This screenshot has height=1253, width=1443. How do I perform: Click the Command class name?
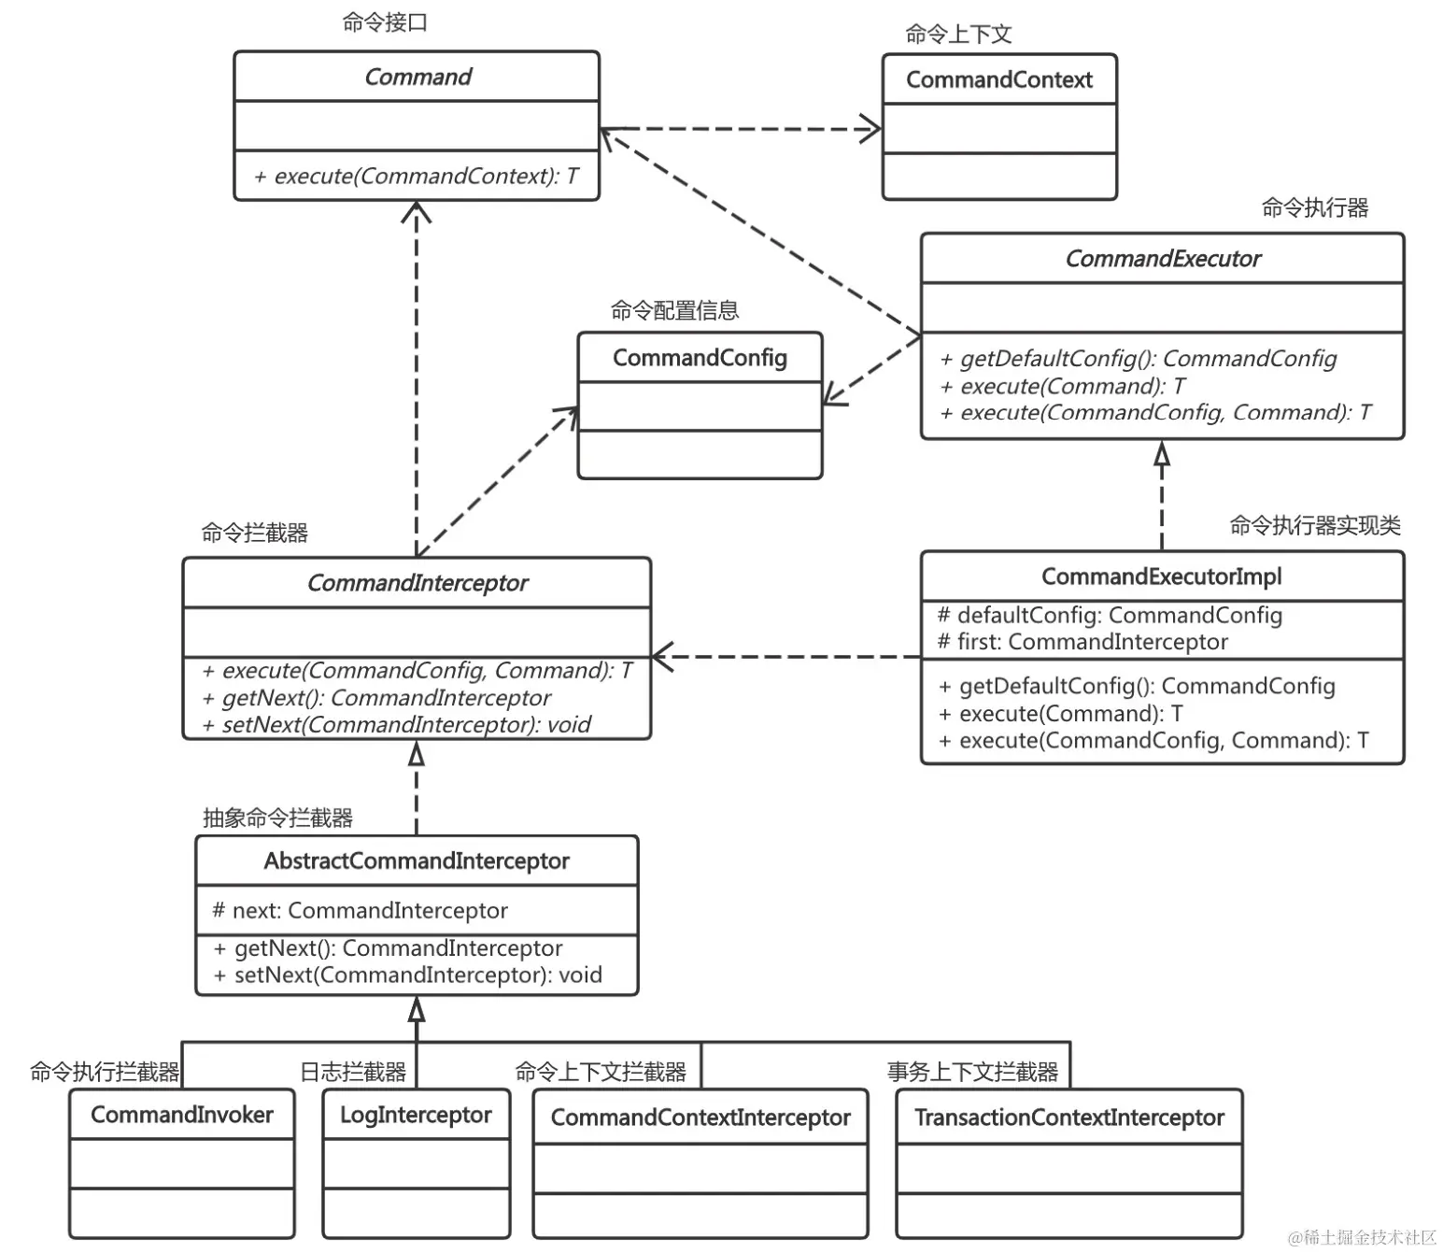(x=417, y=77)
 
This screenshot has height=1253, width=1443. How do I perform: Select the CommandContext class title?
(x=998, y=79)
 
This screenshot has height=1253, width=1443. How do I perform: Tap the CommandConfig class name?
(x=700, y=358)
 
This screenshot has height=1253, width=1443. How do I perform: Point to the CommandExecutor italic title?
(x=1162, y=259)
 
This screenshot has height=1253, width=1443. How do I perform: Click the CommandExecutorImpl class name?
(x=1161, y=577)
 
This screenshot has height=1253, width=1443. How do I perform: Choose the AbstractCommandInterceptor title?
(x=417, y=861)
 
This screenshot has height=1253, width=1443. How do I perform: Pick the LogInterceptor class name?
(x=416, y=1115)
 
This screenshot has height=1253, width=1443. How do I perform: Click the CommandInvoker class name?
(x=181, y=1115)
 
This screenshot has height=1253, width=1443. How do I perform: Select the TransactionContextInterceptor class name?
(x=1068, y=1118)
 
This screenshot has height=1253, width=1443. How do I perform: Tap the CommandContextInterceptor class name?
(x=700, y=1118)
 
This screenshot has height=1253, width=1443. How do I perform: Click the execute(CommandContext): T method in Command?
(x=417, y=176)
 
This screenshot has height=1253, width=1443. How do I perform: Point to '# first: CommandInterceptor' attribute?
(x=1082, y=642)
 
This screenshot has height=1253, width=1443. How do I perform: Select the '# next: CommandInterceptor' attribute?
(x=361, y=910)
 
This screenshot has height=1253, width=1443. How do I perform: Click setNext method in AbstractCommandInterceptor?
(x=408, y=975)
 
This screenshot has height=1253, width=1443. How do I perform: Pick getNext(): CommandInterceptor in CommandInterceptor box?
(x=377, y=698)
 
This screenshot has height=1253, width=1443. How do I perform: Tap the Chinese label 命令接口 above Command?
(x=385, y=22)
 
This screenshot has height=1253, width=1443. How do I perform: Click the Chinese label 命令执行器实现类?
(x=1314, y=526)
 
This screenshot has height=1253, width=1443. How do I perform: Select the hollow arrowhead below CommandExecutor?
(x=1162, y=454)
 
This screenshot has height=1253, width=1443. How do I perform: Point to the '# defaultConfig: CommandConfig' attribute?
(x=1110, y=615)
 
